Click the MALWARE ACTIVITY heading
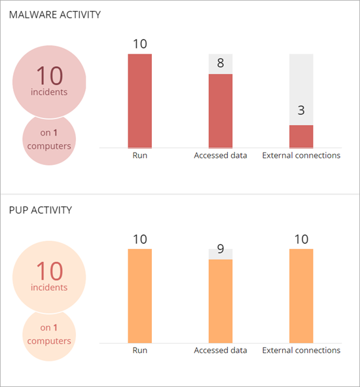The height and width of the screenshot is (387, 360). (x=54, y=14)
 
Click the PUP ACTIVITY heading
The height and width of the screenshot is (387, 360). (x=40, y=210)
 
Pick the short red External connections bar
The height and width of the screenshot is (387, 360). (x=301, y=136)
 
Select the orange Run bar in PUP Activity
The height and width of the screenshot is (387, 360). (x=139, y=295)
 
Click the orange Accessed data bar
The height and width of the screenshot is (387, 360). (x=221, y=301)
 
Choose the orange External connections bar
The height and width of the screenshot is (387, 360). (x=301, y=295)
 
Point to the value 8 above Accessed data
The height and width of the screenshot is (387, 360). (x=221, y=64)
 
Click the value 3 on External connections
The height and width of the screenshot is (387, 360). (x=301, y=110)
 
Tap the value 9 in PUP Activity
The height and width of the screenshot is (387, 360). (x=221, y=249)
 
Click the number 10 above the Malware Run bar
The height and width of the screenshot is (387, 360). (x=139, y=44)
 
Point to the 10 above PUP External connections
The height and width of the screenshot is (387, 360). (x=301, y=239)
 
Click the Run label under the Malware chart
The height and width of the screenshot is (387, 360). (x=139, y=156)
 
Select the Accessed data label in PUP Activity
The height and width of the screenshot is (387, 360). (x=221, y=350)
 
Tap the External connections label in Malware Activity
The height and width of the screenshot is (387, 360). (x=301, y=156)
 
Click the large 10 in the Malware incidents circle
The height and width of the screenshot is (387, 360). (x=49, y=75)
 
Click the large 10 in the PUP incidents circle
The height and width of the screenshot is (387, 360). (x=49, y=270)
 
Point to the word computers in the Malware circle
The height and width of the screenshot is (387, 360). (x=49, y=146)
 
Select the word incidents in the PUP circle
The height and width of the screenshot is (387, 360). (x=49, y=287)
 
